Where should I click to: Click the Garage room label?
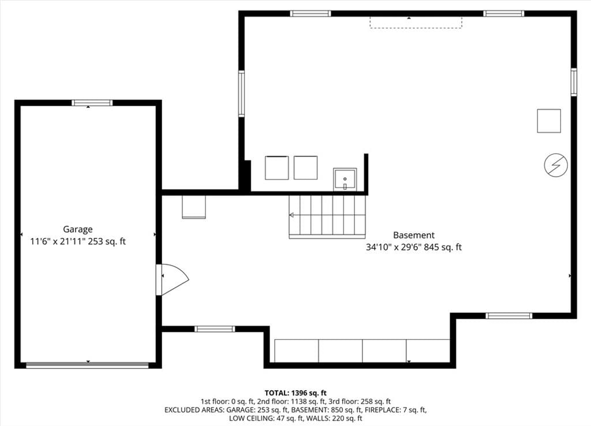(x=78, y=229)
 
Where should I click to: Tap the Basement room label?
(x=414, y=235)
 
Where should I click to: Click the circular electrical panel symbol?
(x=556, y=165)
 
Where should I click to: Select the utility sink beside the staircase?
(x=345, y=180)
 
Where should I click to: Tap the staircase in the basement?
(x=327, y=216)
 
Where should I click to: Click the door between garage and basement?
(x=172, y=279)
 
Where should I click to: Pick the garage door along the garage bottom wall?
(x=88, y=365)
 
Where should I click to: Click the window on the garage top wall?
(x=92, y=103)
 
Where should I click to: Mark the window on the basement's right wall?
(x=574, y=82)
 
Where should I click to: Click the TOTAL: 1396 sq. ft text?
(x=295, y=393)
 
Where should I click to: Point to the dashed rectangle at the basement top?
(x=416, y=23)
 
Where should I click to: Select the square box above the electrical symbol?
(x=549, y=121)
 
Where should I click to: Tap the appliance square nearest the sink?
(x=306, y=168)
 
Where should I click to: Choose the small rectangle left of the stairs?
(x=194, y=207)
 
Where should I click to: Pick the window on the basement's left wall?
(x=241, y=94)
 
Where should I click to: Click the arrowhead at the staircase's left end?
(x=291, y=215)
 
